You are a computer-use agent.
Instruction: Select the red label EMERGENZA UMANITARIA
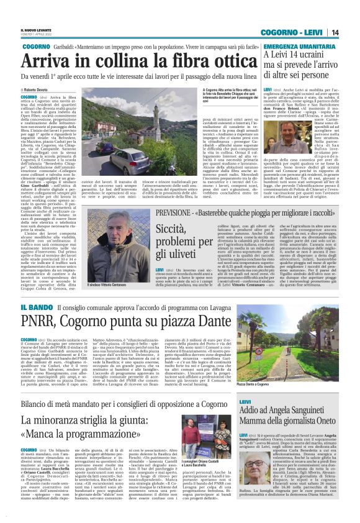[x=294, y=47]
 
